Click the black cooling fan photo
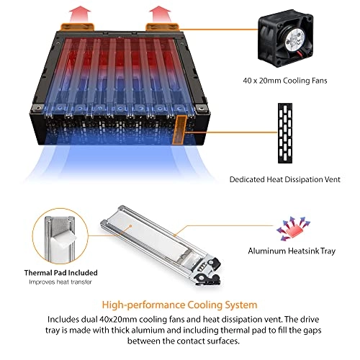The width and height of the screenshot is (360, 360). click(286, 39)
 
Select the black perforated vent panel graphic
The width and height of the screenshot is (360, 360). click(285, 133)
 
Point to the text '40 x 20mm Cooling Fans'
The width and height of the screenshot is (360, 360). click(285, 81)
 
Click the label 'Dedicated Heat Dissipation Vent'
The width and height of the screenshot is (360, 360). click(285, 179)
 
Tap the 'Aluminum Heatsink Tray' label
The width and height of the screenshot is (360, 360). click(292, 251)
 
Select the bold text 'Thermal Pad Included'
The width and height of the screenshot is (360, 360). click(60, 273)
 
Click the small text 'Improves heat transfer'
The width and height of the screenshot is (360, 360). click(60, 282)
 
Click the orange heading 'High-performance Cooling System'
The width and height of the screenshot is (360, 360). click(179, 305)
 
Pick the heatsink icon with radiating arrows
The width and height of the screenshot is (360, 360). click(293, 229)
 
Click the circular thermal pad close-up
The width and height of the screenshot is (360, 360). click(60, 236)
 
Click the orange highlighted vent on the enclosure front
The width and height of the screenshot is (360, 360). click(179, 130)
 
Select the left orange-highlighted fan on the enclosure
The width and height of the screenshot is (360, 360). click(77, 27)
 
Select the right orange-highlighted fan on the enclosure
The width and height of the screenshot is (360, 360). click(163, 27)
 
